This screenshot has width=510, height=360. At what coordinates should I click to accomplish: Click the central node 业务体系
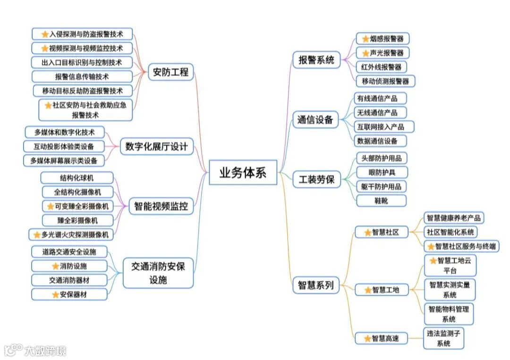coord(243,173)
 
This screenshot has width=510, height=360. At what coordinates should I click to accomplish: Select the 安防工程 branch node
coord(170,72)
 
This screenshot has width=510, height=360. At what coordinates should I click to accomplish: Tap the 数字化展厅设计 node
coord(156,146)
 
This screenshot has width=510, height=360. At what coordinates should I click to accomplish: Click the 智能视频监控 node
coord(161,206)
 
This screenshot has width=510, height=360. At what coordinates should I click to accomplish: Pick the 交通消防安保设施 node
coord(158,273)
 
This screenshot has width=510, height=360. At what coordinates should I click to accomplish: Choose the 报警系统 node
coord(316,60)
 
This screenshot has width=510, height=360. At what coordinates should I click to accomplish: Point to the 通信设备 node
coord(315,119)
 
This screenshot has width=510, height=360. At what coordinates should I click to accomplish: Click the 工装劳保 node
coord(316,179)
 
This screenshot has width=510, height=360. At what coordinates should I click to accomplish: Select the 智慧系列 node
coord(316,285)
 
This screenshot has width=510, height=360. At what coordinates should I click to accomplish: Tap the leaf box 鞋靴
coord(381,201)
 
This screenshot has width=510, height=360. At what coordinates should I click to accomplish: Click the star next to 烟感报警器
coord(365,39)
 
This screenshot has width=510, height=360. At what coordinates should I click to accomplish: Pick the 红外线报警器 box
coord(381,67)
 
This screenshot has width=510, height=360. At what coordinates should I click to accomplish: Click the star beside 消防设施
coord(55,266)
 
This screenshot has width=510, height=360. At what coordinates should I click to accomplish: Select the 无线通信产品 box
coord(380,112)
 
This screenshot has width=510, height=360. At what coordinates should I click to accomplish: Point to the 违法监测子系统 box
coord(443,338)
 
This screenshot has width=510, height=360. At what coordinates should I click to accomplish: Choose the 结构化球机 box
coord(76,177)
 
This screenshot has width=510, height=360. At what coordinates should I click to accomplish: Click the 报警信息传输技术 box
coord(82,76)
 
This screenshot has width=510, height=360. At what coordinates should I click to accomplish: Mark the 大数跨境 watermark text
coord(45,351)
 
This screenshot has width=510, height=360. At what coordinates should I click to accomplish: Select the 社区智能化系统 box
coord(450,232)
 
